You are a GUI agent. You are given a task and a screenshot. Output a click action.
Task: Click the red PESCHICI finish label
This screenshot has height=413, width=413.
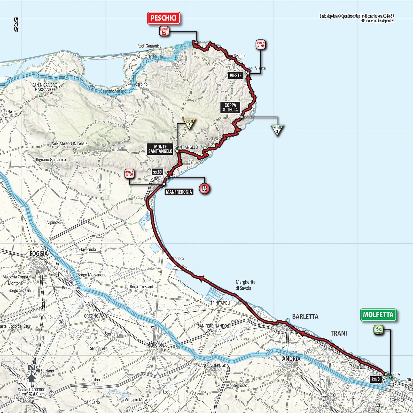click(163, 18)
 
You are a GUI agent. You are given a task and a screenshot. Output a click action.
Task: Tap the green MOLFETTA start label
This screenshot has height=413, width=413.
click(378, 315)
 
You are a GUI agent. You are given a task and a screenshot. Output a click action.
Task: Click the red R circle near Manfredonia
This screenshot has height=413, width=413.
click(204, 188)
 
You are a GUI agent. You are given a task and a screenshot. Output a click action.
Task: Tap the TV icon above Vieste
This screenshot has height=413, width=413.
click(260, 45)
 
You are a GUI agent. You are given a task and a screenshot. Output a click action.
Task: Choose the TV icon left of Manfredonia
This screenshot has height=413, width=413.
click(129, 174)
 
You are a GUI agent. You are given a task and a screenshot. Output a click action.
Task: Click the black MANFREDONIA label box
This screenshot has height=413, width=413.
click(179, 192)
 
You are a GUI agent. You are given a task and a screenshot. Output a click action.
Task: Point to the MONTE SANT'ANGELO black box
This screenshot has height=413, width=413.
click(160, 149)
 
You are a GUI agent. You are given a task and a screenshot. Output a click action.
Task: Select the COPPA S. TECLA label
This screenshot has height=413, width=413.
click(230, 107)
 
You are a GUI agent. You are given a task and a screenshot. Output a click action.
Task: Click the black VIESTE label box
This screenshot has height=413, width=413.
click(236, 76)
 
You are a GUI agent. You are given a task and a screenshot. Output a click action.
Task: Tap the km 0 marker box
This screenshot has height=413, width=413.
click(376, 379)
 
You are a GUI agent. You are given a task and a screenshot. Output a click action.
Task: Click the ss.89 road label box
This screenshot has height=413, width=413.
click(157, 172)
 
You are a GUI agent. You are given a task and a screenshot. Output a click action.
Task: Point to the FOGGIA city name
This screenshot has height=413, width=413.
click(39, 253)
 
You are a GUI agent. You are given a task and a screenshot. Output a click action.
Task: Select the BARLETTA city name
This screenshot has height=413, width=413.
click(305, 317)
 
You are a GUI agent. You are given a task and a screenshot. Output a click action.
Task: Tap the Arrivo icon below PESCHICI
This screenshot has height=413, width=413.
click(164, 31)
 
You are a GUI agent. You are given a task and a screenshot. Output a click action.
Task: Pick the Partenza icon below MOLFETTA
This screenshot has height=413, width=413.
click(378, 330)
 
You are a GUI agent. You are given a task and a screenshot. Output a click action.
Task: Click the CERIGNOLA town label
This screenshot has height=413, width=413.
click(157, 345)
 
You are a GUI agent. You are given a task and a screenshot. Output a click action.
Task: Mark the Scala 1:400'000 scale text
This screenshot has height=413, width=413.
click(32, 390)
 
